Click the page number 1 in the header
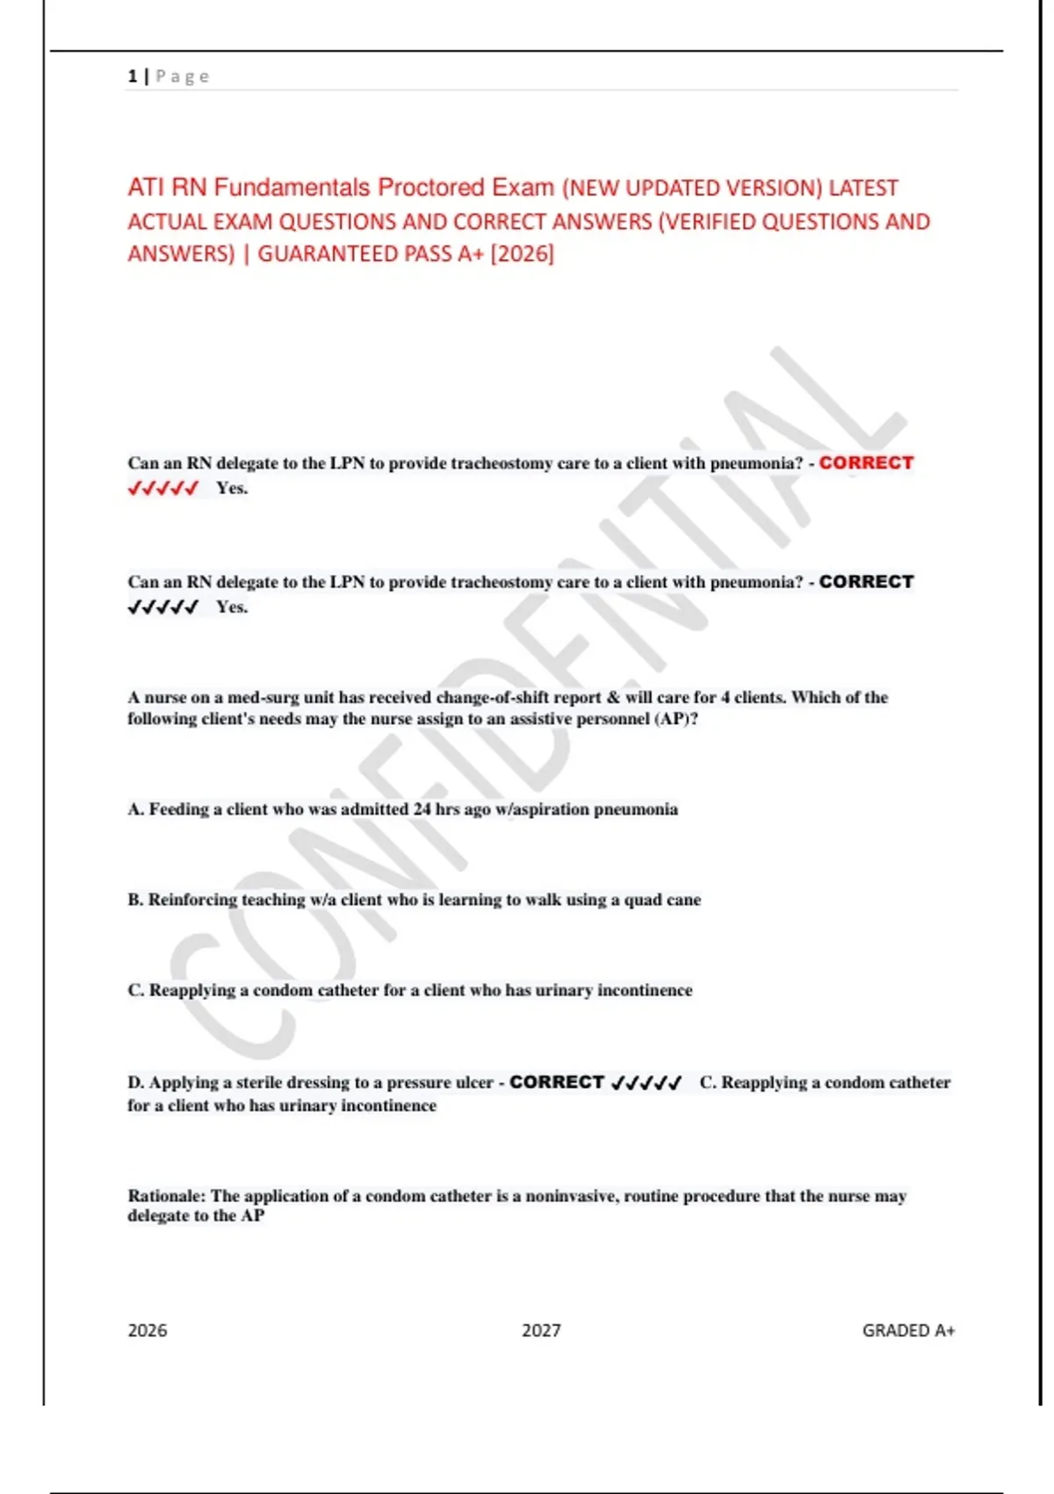click(133, 76)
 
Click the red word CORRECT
click(866, 462)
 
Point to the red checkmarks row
click(162, 489)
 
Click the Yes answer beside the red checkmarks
click(232, 489)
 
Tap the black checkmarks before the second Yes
click(162, 607)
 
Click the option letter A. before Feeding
click(135, 809)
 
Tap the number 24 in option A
click(422, 809)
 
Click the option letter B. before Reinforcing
click(135, 900)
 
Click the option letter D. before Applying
click(135, 1083)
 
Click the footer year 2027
click(541, 1331)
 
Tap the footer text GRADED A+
click(908, 1331)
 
